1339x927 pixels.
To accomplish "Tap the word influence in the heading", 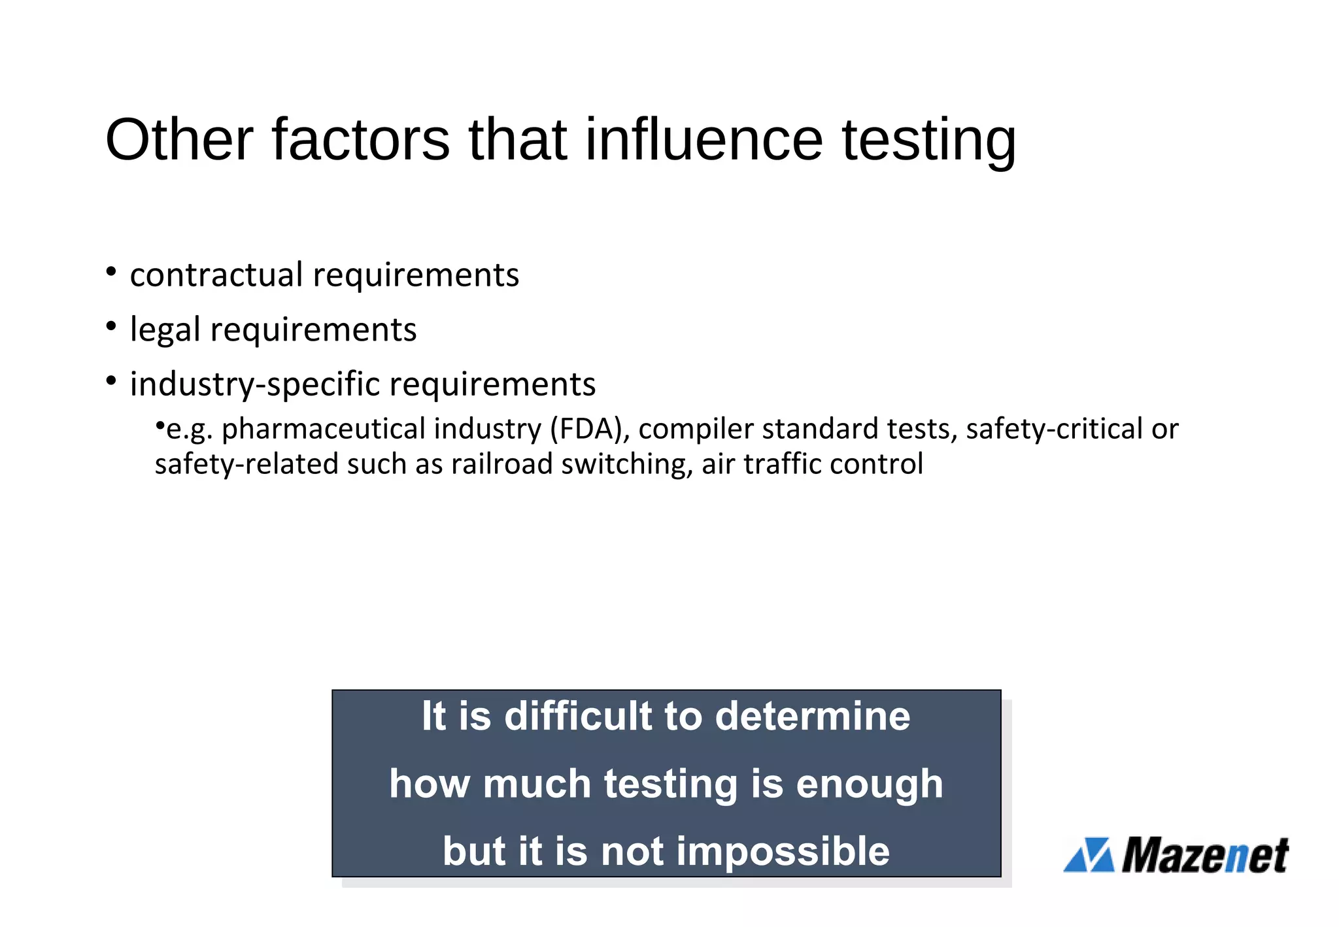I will [703, 139].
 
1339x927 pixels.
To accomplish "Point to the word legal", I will [165, 330].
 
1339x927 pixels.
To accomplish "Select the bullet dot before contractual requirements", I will [111, 271].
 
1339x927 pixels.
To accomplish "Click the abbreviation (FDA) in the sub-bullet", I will [590, 430].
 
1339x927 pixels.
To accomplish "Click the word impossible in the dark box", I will [783, 851].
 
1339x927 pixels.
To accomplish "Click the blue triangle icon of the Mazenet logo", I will [1089, 855].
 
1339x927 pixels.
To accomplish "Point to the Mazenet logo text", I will [1205, 855].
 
